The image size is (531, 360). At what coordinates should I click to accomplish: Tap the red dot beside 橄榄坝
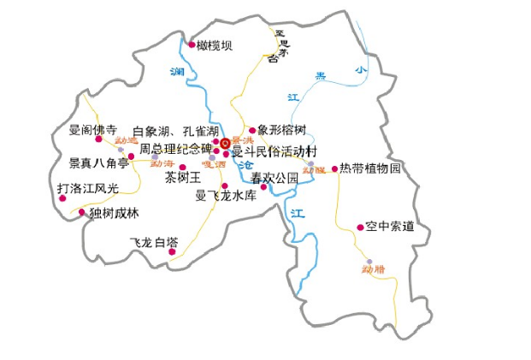pyautogui.click(x=192, y=44)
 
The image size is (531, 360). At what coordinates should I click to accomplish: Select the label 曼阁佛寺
pyautogui.click(x=92, y=130)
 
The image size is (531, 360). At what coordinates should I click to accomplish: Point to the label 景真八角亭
pyautogui.click(x=98, y=162)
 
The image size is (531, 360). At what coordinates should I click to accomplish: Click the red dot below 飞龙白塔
pyautogui.click(x=173, y=251)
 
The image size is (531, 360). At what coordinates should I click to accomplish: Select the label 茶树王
pyautogui.click(x=182, y=178)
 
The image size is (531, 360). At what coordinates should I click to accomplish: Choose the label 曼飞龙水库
pyautogui.click(x=226, y=196)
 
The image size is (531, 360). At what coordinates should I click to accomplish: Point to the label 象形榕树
pyautogui.click(x=281, y=130)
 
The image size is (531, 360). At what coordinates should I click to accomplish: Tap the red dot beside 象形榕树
pyautogui.click(x=252, y=131)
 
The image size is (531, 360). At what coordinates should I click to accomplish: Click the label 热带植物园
pyautogui.click(x=370, y=168)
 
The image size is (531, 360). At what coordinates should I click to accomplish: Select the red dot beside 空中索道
pyautogui.click(x=360, y=227)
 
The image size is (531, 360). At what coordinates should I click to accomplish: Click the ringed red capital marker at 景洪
pyautogui.click(x=224, y=144)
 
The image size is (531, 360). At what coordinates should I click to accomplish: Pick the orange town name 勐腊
pyautogui.click(x=373, y=269)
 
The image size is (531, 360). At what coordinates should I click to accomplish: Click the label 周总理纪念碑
pyautogui.click(x=176, y=149)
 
